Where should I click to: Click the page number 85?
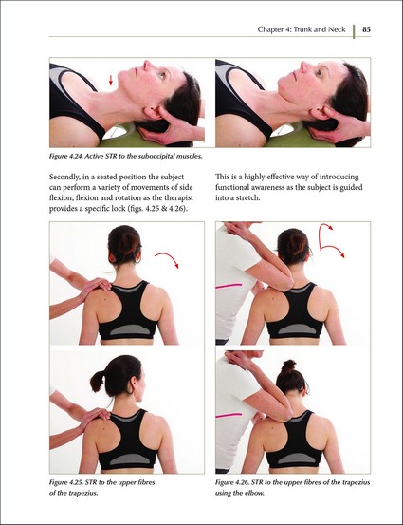pyautogui.click(x=366, y=29)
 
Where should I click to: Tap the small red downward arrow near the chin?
pyautogui.click(x=111, y=80)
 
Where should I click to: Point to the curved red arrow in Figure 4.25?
pyautogui.click(x=168, y=259)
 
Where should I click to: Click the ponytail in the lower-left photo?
pyautogui.click(x=98, y=381)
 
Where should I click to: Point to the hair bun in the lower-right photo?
pyautogui.click(x=289, y=366)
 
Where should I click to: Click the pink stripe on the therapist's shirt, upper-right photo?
pyautogui.click(x=229, y=286)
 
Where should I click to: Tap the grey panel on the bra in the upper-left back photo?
pyautogui.click(x=130, y=329)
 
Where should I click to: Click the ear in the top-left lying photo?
pyautogui.click(x=152, y=112)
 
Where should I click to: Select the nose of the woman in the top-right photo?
pyautogui.click(x=304, y=66)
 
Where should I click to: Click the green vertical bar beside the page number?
pyautogui.click(x=354, y=31)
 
